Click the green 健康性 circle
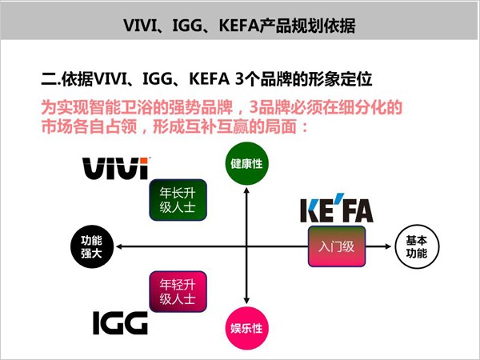(x=246, y=163)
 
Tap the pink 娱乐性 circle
(x=246, y=328)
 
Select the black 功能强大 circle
(x=92, y=246)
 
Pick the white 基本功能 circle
(x=417, y=246)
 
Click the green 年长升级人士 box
(x=178, y=200)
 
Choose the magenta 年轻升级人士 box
(x=178, y=291)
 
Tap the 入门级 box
(x=337, y=246)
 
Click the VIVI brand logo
(x=116, y=168)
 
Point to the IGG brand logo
(x=120, y=323)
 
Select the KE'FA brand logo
(x=337, y=208)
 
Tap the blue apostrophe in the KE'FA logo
(x=339, y=197)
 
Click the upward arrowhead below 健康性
(x=246, y=190)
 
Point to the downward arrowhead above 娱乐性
(x=246, y=302)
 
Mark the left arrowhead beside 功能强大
(x=119, y=246)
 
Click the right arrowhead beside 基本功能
(x=388, y=246)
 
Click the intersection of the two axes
(x=246, y=246)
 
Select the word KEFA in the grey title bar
(x=239, y=26)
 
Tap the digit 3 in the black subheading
(x=240, y=79)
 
